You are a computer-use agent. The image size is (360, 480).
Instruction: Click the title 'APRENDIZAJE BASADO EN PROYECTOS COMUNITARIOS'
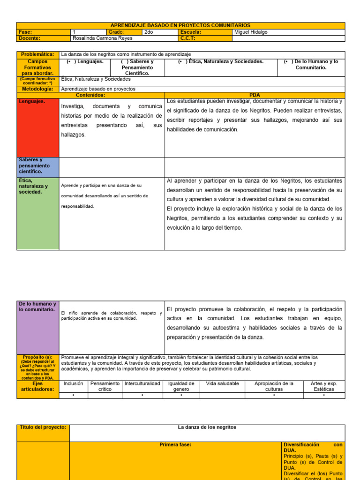(180, 25)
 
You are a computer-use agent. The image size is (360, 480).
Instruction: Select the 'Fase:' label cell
(26, 32)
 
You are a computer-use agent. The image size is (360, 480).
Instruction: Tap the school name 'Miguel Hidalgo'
(252, 32)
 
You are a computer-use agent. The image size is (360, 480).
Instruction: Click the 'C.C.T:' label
(187, 38)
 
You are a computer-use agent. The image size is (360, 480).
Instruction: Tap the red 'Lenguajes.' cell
(38, 127)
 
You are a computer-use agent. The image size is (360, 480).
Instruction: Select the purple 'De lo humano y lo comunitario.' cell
(38, 326)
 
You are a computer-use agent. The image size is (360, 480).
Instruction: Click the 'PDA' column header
(255, 95)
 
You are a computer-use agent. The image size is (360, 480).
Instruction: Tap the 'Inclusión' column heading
(74, 383)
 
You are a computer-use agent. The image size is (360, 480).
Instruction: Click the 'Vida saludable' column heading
(222, 383)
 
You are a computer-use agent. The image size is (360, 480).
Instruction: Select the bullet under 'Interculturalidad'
(142, 395)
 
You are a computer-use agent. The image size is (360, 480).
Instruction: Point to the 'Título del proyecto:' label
(43, 427)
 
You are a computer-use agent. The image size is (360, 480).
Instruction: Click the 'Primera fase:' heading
(175, 444)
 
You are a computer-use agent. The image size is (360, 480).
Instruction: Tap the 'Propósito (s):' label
(38, 357)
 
